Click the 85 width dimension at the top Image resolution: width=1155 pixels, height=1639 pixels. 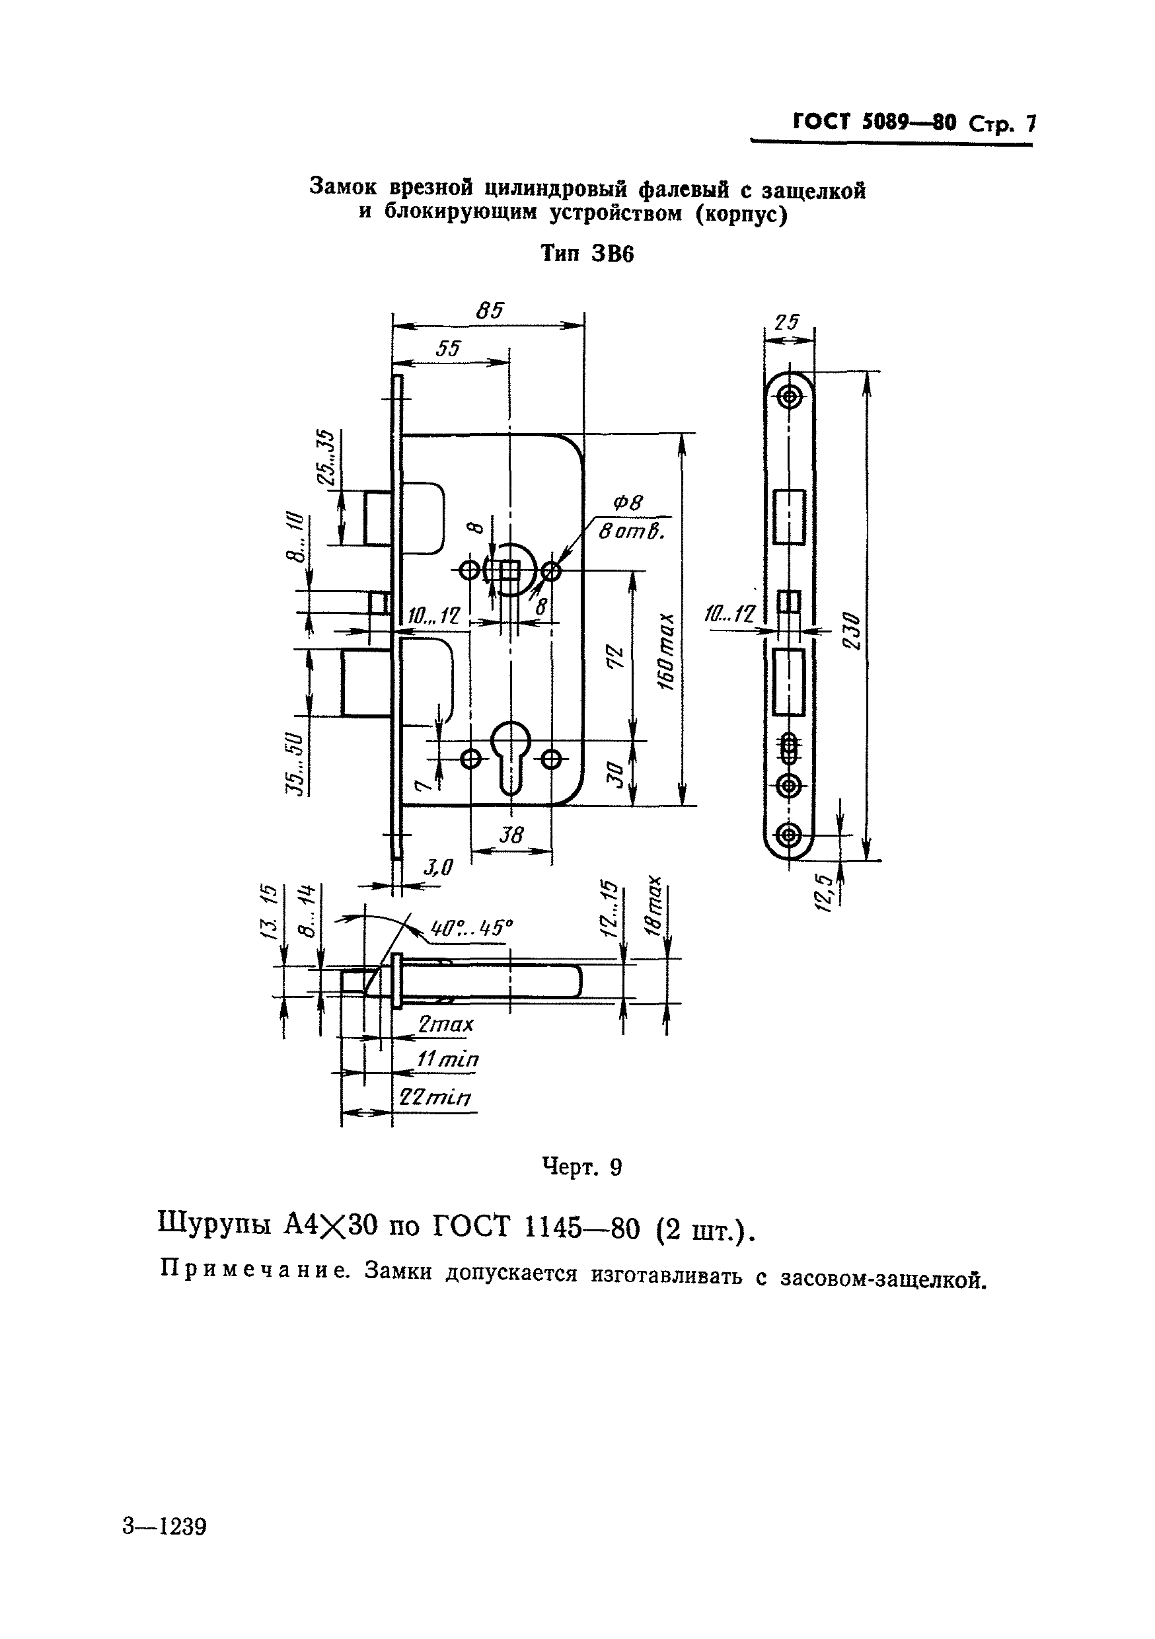pos(490,311)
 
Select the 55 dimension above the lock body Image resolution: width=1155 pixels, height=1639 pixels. pos(448,348)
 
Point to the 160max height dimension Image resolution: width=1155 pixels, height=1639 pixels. pos(665,650)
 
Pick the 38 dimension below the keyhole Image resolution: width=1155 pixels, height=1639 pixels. pos(511,835)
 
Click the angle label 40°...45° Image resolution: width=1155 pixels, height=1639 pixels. pos(472,928)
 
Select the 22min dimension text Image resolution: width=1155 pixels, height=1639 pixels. pos(434,1097)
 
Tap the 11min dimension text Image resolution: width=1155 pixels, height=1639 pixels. pos(447,1059)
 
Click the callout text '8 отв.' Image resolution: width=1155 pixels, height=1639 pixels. pos(631,532)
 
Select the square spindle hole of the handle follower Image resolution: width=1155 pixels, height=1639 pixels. pos(509,571)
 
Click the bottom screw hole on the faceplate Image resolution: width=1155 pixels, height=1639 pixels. pos(790,834)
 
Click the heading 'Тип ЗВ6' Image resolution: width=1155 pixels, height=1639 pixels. pos(587,254)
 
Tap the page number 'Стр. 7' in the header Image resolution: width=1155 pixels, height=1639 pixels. pos(1002,124)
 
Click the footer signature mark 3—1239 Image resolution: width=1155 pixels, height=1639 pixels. pos(164,1527)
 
